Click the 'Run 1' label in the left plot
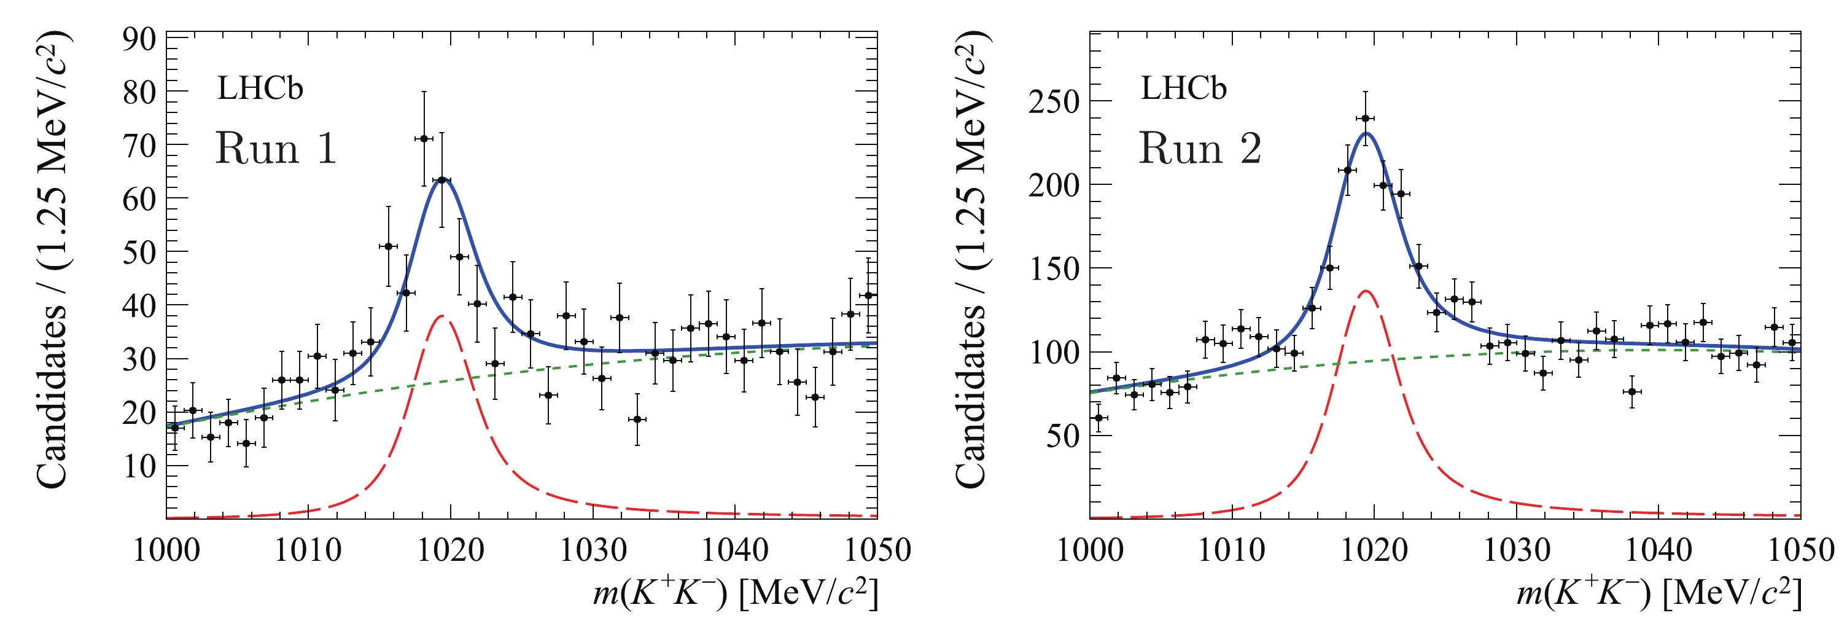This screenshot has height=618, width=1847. pos(276,149)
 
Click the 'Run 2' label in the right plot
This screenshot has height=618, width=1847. pos(1200,149)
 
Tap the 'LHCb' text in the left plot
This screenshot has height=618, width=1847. pos(260,88)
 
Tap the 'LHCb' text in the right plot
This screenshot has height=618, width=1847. pos(1184,88)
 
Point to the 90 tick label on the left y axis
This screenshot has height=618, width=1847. pos(139,40)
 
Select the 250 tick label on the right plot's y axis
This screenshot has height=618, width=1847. pos(1054,103)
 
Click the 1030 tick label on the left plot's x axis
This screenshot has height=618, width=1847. pos(593,550)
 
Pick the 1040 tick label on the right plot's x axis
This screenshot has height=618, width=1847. pos(1658,550)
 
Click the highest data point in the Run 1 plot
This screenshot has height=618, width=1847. pos(424,138)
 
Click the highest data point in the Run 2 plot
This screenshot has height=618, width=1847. pos(1365,119)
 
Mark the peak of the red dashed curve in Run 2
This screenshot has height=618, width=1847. pos(1366,291)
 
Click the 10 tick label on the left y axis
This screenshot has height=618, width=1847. pos(139,467)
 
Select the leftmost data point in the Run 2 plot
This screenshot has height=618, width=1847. pos(1098,418)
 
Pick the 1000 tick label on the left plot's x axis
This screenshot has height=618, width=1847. pos(166,550)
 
